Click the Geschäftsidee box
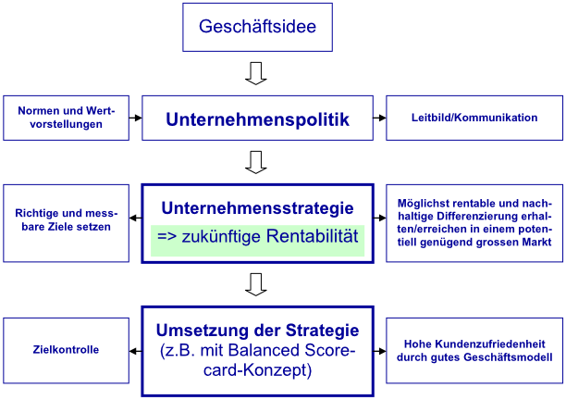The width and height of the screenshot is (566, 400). point(257,27)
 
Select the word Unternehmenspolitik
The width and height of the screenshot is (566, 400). point(257,119)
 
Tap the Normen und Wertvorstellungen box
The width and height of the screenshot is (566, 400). point(66,118)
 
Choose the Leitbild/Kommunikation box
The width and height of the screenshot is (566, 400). point(474,118)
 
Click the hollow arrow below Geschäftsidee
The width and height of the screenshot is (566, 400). point(256,73)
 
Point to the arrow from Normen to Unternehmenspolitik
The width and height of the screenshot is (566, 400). point(135,118)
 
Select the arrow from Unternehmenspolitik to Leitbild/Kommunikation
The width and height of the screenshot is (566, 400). point(379,118)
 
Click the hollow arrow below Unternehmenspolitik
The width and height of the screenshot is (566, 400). point(256,162)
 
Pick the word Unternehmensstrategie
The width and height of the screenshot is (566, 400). point(257,208)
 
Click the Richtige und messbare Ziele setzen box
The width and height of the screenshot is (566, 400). point(66,223)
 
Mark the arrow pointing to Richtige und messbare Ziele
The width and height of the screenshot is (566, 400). point(135,218)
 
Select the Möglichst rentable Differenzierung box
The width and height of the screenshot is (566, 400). point(474,223)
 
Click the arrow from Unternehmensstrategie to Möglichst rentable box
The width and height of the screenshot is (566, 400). point(379,218)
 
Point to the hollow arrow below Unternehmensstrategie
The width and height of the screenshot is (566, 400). point(256,285)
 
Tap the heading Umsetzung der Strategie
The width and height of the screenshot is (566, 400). point(257,331)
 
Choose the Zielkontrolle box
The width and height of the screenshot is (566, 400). point(66,351)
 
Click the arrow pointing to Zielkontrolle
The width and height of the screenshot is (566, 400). point(135,351)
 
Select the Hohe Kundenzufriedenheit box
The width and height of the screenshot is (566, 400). point(474,351)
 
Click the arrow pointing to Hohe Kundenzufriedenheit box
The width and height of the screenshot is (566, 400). point(379,351)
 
